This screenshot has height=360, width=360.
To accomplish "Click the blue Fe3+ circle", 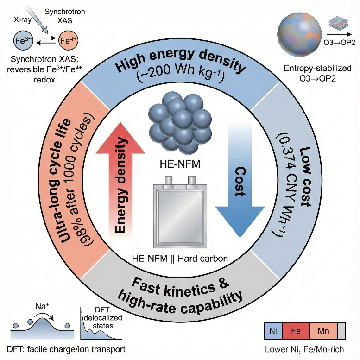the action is point(23,41).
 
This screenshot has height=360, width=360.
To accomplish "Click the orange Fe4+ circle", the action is point(69,41).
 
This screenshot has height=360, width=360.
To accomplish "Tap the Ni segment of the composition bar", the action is point(273,331).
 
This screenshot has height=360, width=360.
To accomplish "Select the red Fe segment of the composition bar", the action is point(296,331).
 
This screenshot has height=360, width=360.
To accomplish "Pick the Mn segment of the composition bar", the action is point(323,331).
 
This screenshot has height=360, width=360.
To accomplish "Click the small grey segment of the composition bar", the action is point(341,331).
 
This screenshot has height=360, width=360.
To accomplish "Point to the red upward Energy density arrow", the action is point(120,179).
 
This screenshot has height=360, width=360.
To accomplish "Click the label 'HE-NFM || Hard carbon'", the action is point(180,259).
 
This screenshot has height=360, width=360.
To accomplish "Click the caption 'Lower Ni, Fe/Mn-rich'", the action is point(304,349).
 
